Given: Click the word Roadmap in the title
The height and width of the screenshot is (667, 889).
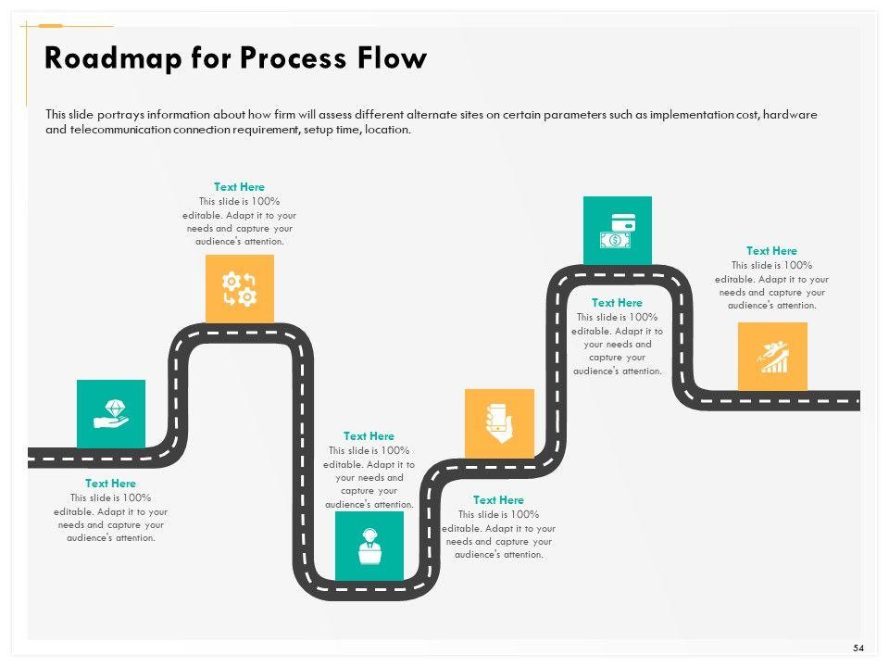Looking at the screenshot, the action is coord(113,58).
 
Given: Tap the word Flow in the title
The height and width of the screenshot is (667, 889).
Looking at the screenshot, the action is coord(392,57).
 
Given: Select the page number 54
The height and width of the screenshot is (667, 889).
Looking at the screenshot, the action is coord(858,648).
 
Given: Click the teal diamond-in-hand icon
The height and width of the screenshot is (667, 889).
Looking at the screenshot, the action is coord(111,414).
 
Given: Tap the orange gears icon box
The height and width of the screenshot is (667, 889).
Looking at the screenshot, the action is coord(240,289).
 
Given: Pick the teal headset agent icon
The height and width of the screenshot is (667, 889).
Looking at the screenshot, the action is coord(369,546).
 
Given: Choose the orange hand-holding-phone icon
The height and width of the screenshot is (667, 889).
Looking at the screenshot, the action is coord(499,423).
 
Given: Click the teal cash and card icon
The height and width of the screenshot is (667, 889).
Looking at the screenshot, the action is coord(618,231).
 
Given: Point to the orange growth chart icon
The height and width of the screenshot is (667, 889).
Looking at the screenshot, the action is coord(772,357).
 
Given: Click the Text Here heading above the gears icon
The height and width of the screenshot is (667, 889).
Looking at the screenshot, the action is coord(239,186).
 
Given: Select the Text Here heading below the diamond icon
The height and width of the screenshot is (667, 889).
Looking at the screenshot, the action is coord(110,484).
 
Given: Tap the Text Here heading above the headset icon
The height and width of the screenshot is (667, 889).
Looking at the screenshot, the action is coord(369,436).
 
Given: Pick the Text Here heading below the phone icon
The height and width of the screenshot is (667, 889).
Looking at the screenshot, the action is coord(498,500).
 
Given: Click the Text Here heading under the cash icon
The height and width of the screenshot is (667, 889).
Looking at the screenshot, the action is coord(617,303).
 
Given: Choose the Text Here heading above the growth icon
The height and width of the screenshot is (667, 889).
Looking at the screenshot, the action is coord(771,251).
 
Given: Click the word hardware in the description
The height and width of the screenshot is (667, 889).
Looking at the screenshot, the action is coord(790,115).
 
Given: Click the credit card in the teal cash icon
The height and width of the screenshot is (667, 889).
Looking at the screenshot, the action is coord(623,223).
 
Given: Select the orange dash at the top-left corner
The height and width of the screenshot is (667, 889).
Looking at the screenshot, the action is coord(50,26).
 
